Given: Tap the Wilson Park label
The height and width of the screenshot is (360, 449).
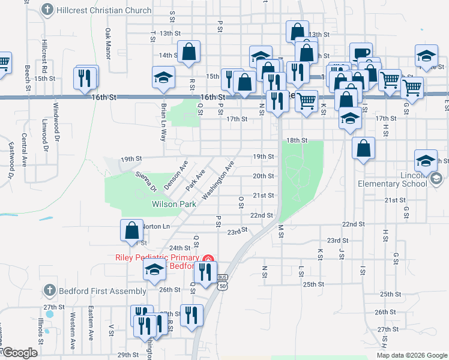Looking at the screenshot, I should (174, 205).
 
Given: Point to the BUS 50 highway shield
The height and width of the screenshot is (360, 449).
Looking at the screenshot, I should (223, 281).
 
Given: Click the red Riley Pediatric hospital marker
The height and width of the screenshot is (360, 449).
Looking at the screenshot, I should (208, 259).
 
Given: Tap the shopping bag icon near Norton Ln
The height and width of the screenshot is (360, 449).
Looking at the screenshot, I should (132, 230).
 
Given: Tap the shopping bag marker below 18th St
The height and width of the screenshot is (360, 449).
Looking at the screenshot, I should (363, 149).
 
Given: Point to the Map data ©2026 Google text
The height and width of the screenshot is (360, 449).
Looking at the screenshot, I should (411, 355).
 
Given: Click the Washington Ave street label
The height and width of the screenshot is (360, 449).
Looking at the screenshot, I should (218, 179).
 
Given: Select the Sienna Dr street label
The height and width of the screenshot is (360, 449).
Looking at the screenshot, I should (145, 181).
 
